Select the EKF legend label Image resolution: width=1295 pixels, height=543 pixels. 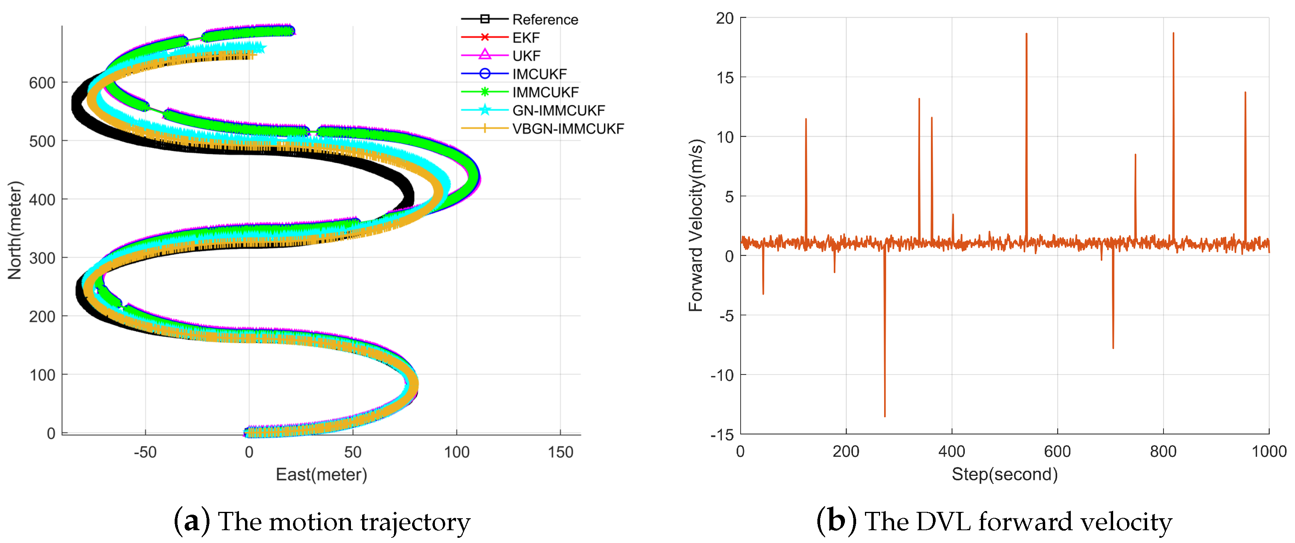point(526,38)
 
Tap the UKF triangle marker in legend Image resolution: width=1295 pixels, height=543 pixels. point(484,55)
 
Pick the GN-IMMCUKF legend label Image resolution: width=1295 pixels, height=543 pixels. point(558,111)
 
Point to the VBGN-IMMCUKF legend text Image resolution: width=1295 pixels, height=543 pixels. point(568,129)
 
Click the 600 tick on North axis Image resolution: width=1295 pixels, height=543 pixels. point(42,83)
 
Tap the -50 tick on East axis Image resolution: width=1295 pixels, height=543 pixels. point(145,452)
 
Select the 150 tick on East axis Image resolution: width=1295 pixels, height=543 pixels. point(560,452)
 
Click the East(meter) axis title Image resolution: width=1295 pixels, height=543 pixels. point(321,475)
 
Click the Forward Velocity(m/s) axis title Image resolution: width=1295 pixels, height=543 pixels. point(696,226)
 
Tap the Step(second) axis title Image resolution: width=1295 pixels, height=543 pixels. point(1004,475)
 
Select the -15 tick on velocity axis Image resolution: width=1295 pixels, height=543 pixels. point(722,435)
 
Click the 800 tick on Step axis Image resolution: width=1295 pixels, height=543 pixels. point(1163,452)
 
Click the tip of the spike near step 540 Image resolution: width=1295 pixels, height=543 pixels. point(1026,35)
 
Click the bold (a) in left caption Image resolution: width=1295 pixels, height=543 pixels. point(191,521)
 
